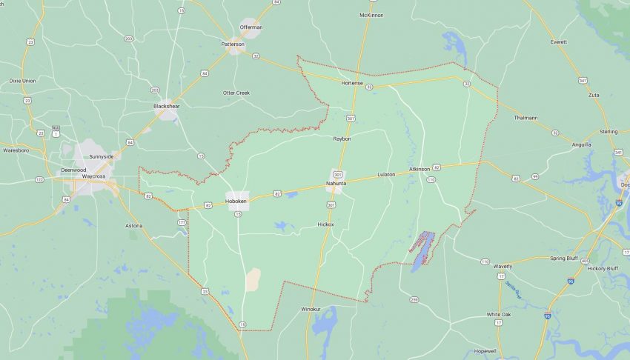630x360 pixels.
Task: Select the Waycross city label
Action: click(93, 176)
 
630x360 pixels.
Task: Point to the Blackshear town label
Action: click(166, 106)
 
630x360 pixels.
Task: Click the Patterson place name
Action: click(233, 44)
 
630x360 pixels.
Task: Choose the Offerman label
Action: click(251, 27)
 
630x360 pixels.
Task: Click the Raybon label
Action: click(342, 139)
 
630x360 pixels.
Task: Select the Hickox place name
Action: click(325, 224)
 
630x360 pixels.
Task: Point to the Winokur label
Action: click(311, 309)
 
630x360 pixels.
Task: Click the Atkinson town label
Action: click(419, 170)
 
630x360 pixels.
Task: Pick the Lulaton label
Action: click(386, 174)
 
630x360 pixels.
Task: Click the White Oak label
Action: click(498, 314)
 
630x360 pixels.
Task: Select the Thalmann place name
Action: click(525, 118)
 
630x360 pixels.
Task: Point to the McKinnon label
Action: click(371, 15)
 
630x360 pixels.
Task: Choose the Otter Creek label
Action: click(236, 93)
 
